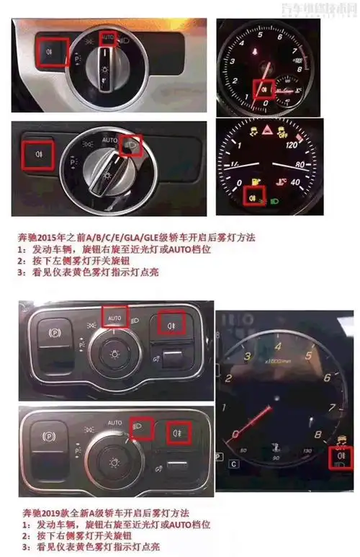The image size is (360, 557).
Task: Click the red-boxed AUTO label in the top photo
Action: (x=107, y=36)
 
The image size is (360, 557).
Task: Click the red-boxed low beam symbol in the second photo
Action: (x=131, y=146)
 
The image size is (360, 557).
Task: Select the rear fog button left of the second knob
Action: (x=36, y=153)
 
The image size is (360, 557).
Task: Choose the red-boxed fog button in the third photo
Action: (x=173, y=322)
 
